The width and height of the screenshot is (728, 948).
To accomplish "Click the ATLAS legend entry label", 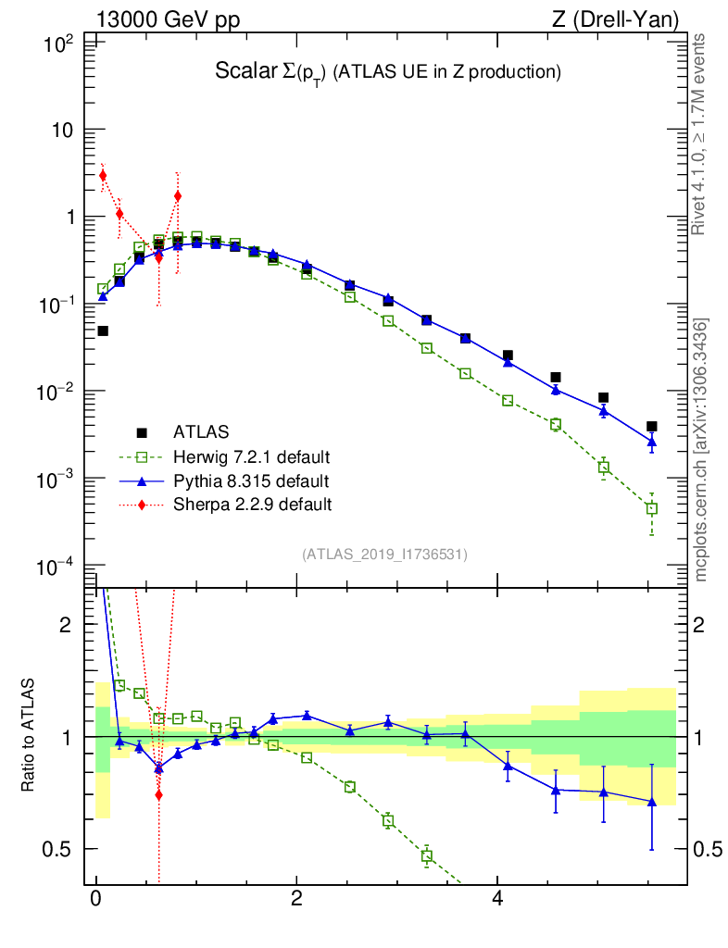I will [200, 431].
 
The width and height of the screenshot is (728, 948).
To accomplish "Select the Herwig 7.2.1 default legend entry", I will [251, 456].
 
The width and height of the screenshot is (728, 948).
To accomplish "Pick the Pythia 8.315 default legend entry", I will [250, 480].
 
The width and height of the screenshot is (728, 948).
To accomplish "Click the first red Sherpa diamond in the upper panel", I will [103, 176].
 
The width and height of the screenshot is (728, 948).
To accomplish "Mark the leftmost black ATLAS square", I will [103, 331].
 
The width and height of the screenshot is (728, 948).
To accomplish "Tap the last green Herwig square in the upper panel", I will [652, 508].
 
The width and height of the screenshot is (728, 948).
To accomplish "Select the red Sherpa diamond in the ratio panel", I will [159, 794].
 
